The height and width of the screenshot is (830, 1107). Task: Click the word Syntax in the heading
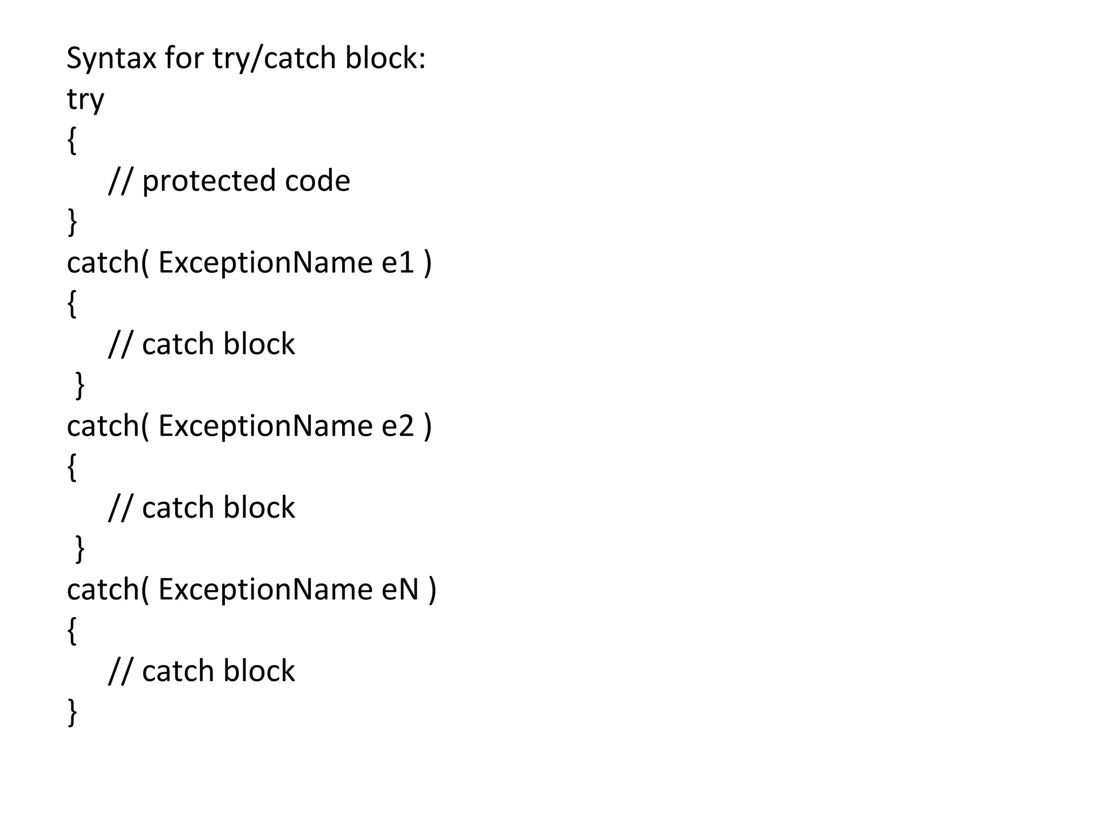click(111, 58)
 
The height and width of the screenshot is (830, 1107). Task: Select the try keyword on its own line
click(85, 100)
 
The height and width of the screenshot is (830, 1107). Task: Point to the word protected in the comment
click(208, 181)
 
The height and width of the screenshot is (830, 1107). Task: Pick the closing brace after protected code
click(72, 222)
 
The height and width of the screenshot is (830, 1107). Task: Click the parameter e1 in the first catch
click(398, 263)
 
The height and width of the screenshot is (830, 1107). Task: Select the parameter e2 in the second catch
click(398, 426)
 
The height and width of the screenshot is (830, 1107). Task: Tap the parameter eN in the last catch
click(401, 589)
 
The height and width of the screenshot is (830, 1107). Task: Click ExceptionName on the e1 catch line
click(265, 263)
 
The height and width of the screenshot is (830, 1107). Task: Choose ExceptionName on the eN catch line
click(265, 589)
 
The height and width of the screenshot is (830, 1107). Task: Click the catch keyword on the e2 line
click(103, 426)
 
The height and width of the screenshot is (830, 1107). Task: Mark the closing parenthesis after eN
click(432, 590)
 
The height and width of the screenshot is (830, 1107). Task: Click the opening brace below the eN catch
click(72, 630)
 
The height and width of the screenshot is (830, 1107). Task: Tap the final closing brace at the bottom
click(72, 712)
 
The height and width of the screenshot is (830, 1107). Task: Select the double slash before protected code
click(119, 181)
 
